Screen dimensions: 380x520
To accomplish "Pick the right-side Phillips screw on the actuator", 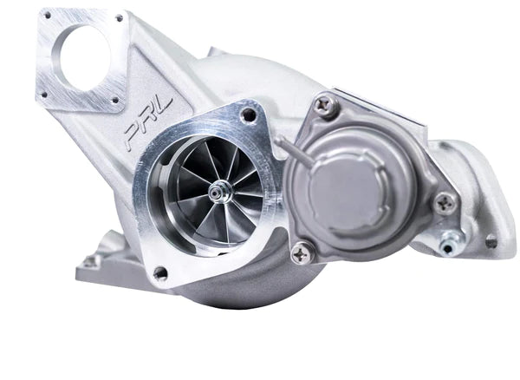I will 445,201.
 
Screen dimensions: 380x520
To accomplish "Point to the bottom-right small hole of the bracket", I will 115,101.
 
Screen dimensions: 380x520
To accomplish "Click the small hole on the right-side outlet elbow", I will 491,240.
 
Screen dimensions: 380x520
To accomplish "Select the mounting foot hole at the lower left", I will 88,259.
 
